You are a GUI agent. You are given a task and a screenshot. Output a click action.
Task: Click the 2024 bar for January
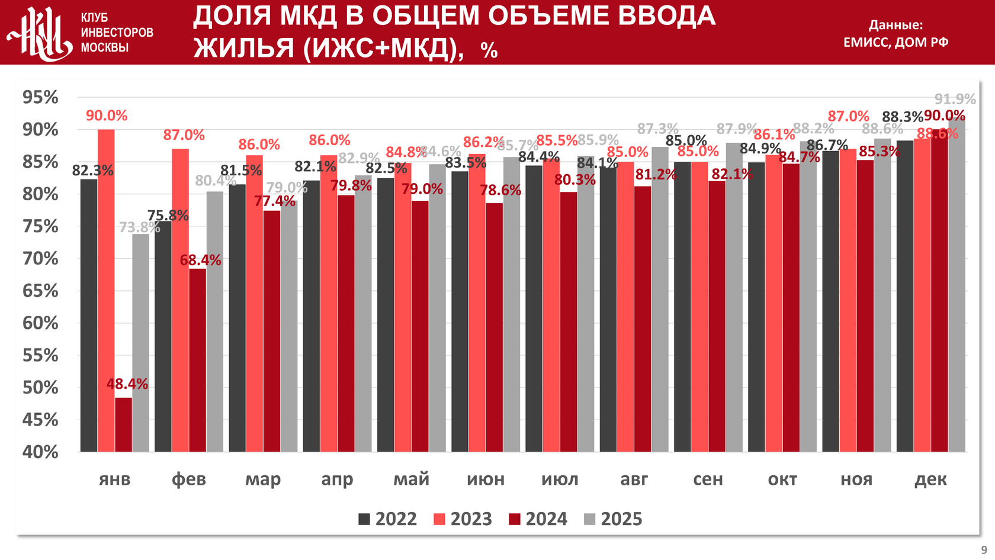pyautogui.click(x=124, y=424)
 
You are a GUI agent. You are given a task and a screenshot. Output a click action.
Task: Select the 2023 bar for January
pyautogui.click(x=106, y=290)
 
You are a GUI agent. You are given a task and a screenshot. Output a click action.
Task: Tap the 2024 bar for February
pyautogui.click(x=198, y=360)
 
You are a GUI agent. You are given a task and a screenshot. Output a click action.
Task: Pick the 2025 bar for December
pyautogui.click(x=957, y=284)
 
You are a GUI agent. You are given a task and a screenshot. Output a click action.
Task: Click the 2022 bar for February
pyautogui.click(x=163, y=337)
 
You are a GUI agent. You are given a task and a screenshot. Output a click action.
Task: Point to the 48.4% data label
pyautogui.click(x=127, y=384)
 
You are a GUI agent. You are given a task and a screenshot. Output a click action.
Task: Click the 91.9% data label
pyautogui.click(x=955, y=99)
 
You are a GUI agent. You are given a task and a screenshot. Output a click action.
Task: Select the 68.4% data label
pyautogui.click(x=201, y=260)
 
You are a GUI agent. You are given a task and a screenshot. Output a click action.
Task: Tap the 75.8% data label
pyautogui.click(x=168, y=215)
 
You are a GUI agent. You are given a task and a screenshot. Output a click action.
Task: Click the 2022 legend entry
pyautogui.click(x=388, y=519)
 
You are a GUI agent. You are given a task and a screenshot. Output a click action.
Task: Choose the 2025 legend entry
pyautogui.click(x=613, y=519)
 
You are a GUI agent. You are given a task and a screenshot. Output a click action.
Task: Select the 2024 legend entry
pyautogui.click(x=538, y=519)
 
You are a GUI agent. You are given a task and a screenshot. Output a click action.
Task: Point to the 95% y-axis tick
pyautogui.click(x=40, y=97)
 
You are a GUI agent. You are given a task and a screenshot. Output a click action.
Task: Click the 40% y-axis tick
pyautogui.click(x=40, y=452)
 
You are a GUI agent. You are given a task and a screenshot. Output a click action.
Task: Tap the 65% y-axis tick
pyautogui.click(x=40, y=291)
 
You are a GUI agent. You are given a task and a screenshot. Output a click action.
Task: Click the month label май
pyautogui.click(x=411, y=479)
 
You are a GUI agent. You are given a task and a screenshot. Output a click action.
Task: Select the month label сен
pyautogui.click(x=708, y=479)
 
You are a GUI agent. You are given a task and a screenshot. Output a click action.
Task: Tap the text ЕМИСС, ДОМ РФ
pyautogui.click(x=895, y=42)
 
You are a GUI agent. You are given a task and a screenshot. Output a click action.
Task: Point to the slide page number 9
pyautogui.click(x=984, y=550)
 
